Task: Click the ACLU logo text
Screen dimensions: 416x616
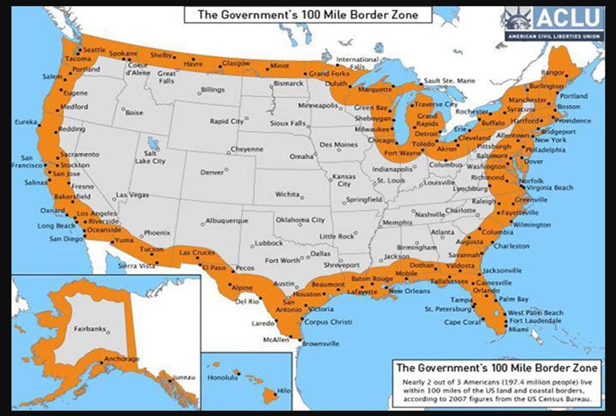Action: tap(568, 18)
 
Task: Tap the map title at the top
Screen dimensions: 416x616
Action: tap(308, 14)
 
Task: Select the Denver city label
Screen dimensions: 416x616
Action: tap(212, 173)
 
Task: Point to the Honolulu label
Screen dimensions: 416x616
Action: tap(222, 379)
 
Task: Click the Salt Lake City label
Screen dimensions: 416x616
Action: tap(150, 158)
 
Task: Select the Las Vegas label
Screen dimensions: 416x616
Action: tap(132, 194)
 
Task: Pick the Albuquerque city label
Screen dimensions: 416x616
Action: tap(227, 221)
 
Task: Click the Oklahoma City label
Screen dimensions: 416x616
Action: tap(300, 220)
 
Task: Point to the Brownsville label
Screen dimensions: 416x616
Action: tap(320, 343)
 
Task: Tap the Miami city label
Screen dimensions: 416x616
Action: tap(518, 329)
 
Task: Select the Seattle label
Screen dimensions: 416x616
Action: tap(95, 50)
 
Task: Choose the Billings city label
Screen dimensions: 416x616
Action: tap(212, 89)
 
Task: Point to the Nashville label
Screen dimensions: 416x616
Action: tap(430, 214)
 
